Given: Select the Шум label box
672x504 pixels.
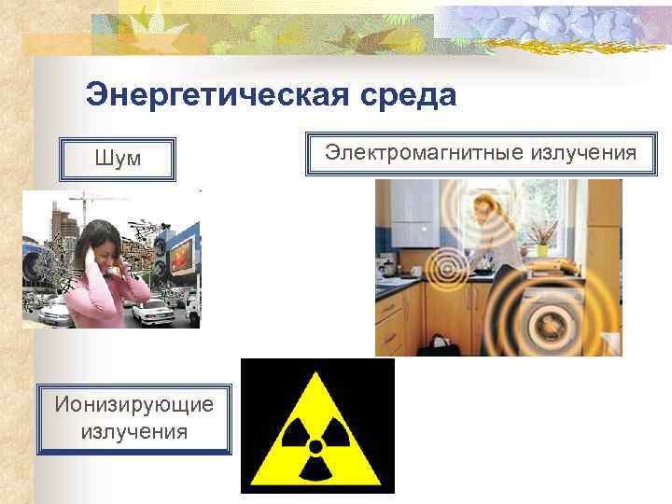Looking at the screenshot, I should coord(118,160).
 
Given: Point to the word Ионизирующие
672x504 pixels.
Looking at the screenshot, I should coord(134,406).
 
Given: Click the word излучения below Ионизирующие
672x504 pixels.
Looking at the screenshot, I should coord(134,432).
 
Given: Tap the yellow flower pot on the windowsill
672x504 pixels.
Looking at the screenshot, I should coord(542,249).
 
